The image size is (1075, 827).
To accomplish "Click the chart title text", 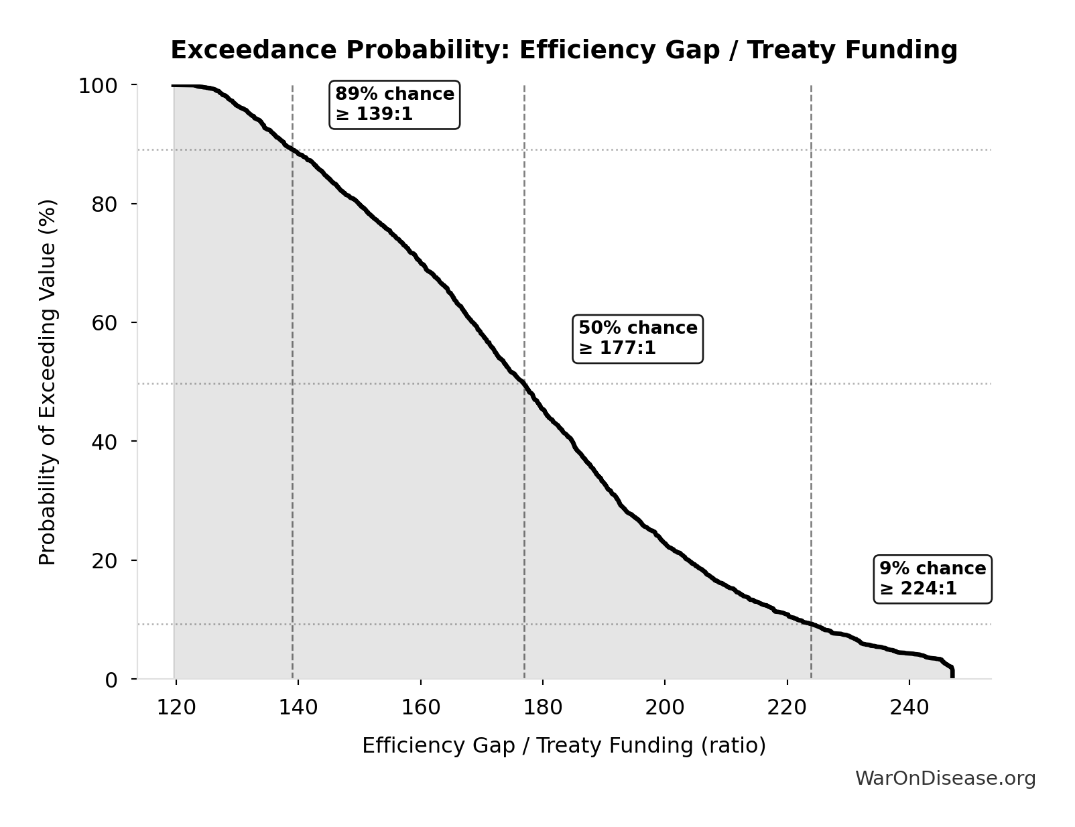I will pos(564,50).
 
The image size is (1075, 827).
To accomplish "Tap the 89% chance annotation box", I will pos(394,104).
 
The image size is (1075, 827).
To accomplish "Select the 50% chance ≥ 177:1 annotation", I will pos(637,338).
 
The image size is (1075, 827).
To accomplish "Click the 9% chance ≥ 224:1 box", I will pos(932,579).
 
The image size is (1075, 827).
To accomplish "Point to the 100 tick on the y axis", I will pos(98,86).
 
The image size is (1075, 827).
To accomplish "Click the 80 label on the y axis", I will pos(105,204).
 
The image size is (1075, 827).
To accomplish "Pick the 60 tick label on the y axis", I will pos(105,323).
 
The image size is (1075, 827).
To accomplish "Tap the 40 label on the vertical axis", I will pos(105,442).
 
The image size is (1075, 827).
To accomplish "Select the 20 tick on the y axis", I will pos(105,560).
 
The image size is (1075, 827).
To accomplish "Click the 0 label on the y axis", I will pos(111,680).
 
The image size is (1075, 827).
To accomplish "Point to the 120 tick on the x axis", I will pos(176,708).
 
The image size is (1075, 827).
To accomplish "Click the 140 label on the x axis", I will pos(298,708).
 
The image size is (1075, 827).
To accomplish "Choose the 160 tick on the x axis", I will pos(420,708).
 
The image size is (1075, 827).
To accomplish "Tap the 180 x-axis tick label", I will pos(542,708).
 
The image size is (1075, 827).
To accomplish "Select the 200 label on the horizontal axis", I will pos(665,708).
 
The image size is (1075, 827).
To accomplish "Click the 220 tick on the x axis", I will pos(787,708).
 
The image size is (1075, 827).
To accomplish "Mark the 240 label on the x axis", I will pos(909,708).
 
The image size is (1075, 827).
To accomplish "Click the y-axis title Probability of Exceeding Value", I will pos(48,382).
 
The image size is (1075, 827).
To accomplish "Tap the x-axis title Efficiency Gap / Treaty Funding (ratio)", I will pos(564,746).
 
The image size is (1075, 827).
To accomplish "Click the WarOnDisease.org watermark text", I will pos(945,779).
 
